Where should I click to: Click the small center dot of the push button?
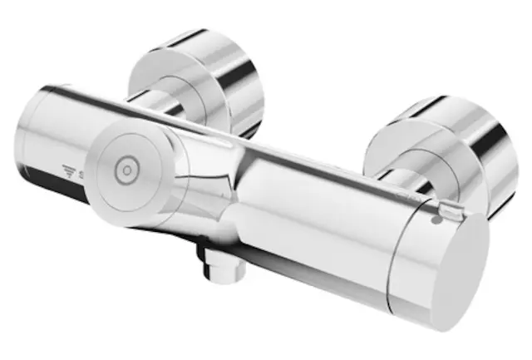127,171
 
